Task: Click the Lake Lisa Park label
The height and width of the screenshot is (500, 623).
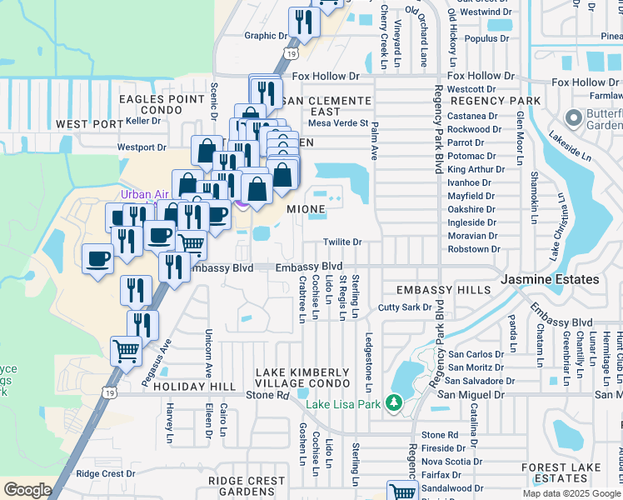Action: pos(343,405)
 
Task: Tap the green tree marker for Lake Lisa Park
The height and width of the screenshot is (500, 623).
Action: pos(394,404)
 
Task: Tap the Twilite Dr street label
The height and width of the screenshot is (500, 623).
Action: pos(343,242)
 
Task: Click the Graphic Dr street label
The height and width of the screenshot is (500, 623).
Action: pos(265,36)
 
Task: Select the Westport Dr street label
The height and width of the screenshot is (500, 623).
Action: pos(142,147)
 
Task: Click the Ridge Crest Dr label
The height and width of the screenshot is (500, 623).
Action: pos(105,473)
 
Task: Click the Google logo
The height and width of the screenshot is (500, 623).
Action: pos(27,489)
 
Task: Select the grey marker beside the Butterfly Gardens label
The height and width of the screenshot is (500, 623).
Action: pos(573,117)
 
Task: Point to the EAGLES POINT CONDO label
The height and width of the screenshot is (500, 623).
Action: pos(162,104)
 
